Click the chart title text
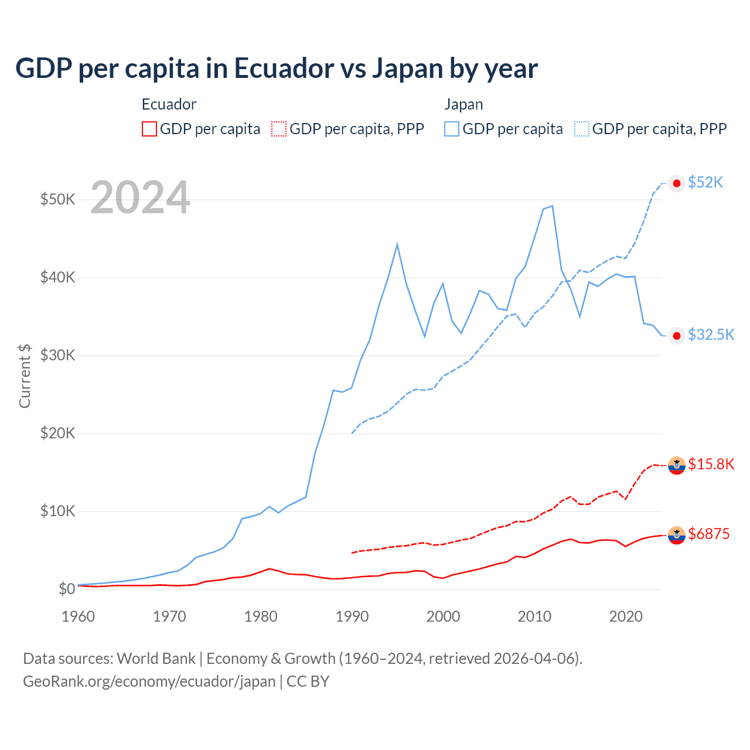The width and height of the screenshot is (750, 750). click(x=276, y=69)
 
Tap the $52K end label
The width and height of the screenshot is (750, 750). click(x=705, y=183)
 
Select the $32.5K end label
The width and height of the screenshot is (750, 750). click(x=711, y=335)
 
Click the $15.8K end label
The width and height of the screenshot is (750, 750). click(x=711, y=465)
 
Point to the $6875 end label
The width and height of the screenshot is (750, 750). click(x=708, y=534)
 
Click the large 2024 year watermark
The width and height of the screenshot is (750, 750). click(x=140, y=197)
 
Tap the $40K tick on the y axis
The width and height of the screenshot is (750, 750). click(x=57, y=277)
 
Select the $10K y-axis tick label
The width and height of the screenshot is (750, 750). click(x=57, y=511)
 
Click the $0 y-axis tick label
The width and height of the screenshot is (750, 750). click(x=66, y=589)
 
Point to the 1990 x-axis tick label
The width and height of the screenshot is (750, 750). click(x=352, y=616)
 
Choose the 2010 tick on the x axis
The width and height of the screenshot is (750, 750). click(x=534, y=616)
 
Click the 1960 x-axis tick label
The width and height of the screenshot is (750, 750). click(x=79, y=616)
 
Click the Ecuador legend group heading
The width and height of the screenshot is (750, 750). click(x=169, y=104)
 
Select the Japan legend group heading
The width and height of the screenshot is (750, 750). click(x=463, y=104)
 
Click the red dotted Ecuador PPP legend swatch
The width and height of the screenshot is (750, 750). click(x=279, y=129)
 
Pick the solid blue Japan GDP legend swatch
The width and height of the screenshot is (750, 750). click(x=452, y=129)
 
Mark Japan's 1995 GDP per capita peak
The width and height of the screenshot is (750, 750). click(x=397, y=244)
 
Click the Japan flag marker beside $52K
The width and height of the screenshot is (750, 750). click(x=677, y=183)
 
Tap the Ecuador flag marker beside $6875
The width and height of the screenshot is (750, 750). click(x=677, y=534)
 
